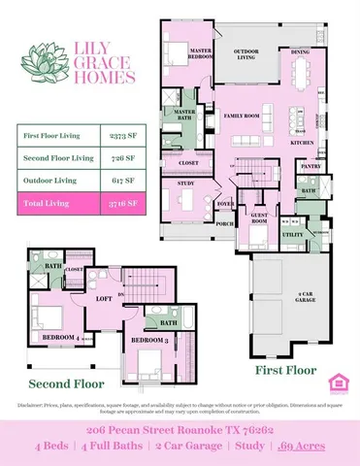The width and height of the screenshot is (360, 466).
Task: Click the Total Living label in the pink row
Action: pyautogui.click(x=44, y=205)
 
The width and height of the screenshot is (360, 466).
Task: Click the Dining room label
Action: pyautogui.click(x=301, y=52)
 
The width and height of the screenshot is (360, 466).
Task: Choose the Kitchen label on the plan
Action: pyautogui.click(x=302, y=142)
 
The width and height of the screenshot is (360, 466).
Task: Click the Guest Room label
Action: pyautogui.click(x=259, y=219)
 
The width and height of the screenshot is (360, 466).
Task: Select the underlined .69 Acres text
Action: pyautogui.click(x=302, y=446)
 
